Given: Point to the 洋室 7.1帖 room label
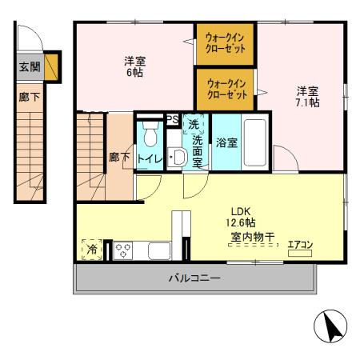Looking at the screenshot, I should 308,96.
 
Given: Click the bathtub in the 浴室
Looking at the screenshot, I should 254,142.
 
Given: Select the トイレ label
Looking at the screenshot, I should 150,159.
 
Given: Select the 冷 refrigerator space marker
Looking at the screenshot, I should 91,249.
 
